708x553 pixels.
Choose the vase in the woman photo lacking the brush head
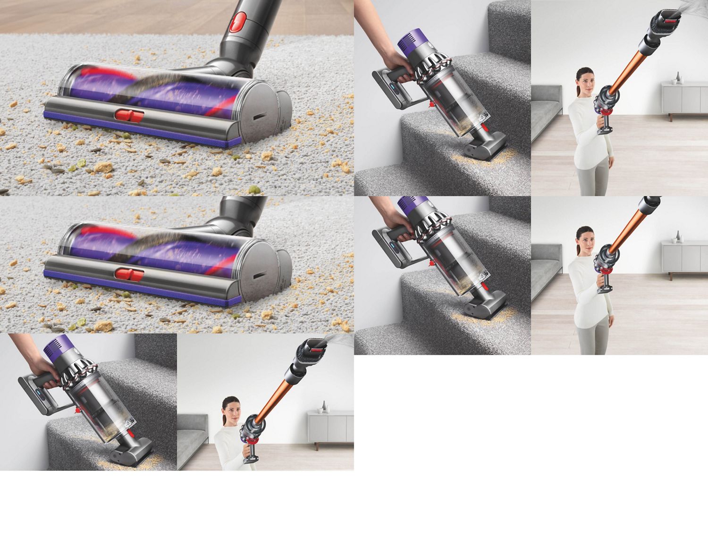(x=678, y=237)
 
